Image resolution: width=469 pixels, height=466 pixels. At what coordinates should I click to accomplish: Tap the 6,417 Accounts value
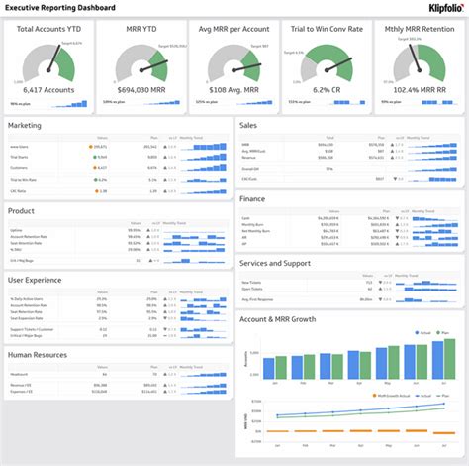pyautogui.click(x=47, y=89)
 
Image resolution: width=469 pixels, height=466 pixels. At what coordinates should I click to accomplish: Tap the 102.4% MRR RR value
pyautogui.click(x=416, y=89)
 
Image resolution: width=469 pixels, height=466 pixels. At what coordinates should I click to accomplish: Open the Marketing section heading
pyautogui.click(x=25, y=126)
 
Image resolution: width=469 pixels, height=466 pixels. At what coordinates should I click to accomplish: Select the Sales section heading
pyautogui.click(x=250, y=126)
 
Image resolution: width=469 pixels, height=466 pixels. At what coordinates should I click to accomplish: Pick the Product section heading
pyautogui.click(x=22, y=210)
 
